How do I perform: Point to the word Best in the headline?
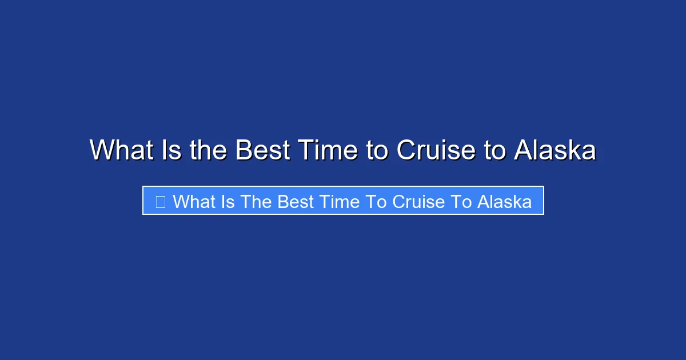(x=260, y=151)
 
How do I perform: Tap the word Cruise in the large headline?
(x=436, y=151)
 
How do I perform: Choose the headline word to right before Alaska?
(x=494, y=151)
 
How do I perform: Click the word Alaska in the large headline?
(x=555, y=151)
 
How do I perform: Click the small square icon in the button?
(x=161, y=201)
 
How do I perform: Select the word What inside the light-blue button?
(x=194, y=201)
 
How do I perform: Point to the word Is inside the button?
(x=228, y=201)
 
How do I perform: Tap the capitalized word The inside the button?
(x=256, y=201)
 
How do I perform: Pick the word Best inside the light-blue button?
(x=296, y=201)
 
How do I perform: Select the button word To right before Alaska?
(x=461, y=201)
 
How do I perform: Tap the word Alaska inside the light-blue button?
(x=504, y=201)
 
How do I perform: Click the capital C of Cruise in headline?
(x=406, y=151)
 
